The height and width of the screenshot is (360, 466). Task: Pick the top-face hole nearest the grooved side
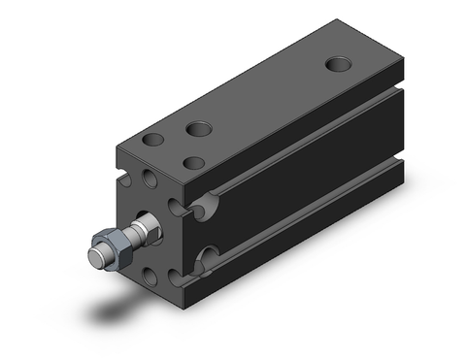click(x=195, y=163)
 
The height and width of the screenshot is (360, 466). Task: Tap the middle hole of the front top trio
click(x=199, y=128)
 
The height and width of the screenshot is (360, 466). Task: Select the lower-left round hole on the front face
click(x=150, y=277)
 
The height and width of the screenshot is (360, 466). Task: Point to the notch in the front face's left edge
click(x=125, y=180)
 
